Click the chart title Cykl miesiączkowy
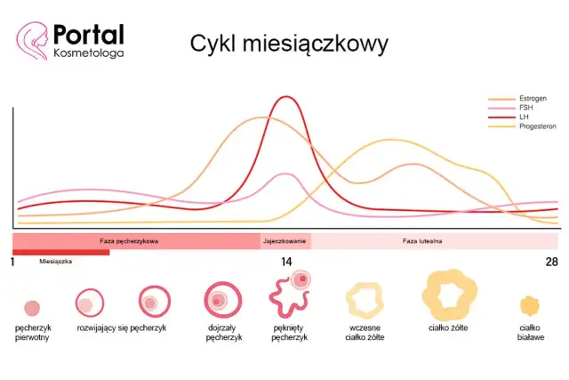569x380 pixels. (x=288, y=44)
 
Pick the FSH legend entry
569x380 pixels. (x=525, y=108)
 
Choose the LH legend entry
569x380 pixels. (x=524, y=117)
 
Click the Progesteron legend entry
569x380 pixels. (x=537, y=126)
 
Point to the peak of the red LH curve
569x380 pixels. (x=286, y=97)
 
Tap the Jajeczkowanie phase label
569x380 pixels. (x=285, y=241)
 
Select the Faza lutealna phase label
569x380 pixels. (x=422, y=241)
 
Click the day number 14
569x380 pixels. (x=286, y=262)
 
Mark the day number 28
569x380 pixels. (x=551, y=262)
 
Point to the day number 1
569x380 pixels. (x=12, y=262)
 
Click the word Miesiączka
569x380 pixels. (x=56, y=262)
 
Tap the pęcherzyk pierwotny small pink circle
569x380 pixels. (x=32, y=308)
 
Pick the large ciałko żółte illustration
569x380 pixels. (x=447, y=293)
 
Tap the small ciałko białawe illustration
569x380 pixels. (x=530, y=306)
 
